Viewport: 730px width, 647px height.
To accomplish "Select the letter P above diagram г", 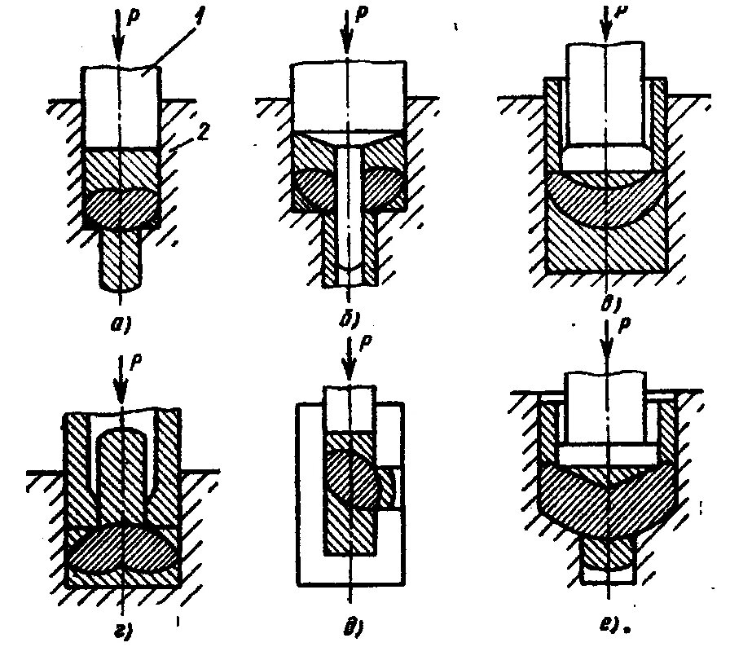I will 135,359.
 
